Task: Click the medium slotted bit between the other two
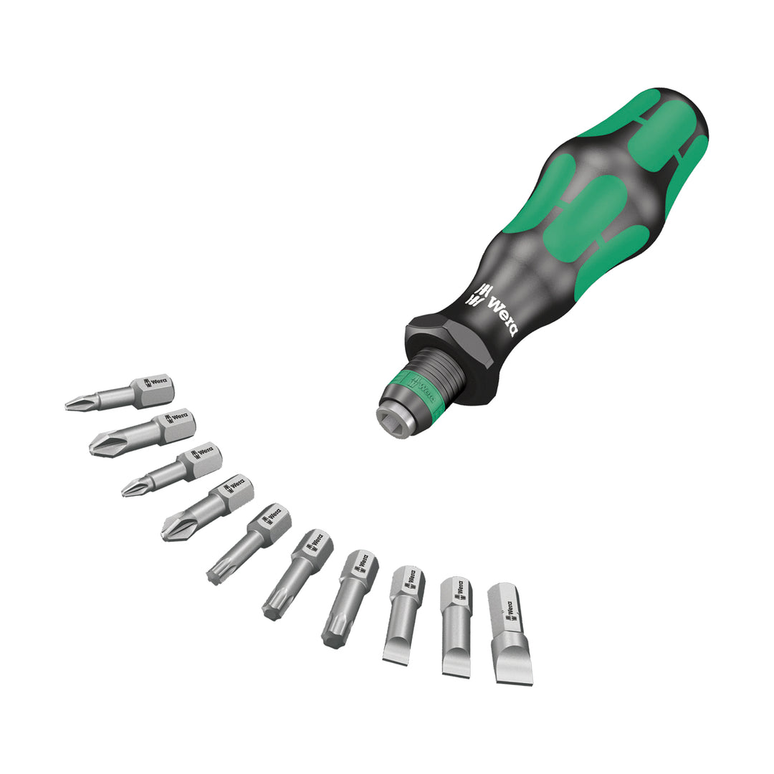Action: pos(456,625)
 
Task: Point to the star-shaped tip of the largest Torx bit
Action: pos(333,638)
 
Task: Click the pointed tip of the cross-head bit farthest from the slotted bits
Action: pos(71,407)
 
